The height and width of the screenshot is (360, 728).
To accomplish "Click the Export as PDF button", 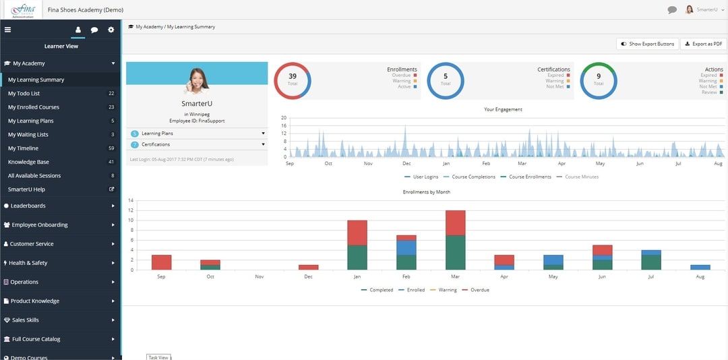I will (x=703, y=44).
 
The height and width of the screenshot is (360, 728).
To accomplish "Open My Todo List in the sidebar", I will (x=24, y=94).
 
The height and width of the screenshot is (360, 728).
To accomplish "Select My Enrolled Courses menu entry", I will (x=34, y=107).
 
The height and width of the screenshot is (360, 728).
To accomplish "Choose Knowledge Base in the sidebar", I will (x=28, y=162).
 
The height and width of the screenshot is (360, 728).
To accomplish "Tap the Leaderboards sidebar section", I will (x=28, y=206).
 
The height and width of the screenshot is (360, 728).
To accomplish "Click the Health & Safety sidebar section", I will (x=28, y=263).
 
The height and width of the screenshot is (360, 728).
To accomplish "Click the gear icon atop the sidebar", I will (x=111, y=30).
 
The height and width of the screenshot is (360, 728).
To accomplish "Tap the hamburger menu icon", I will (x=7, y=30).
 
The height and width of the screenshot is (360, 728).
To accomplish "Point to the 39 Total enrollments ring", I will (x=293, y=80).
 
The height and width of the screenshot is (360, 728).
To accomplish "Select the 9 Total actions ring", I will (x=599, y=80).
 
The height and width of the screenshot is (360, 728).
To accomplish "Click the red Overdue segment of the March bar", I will (x=456, y=222).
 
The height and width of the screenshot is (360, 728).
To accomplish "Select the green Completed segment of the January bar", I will (x=357, y=258).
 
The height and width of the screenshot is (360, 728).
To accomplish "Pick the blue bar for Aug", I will (x=700, y=268).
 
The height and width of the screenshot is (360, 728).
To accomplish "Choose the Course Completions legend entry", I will (x=472, y=177).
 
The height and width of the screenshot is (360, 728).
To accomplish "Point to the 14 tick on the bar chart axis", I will (x=131, y=200).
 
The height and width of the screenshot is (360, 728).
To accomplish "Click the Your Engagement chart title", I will (x=503, y=109).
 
